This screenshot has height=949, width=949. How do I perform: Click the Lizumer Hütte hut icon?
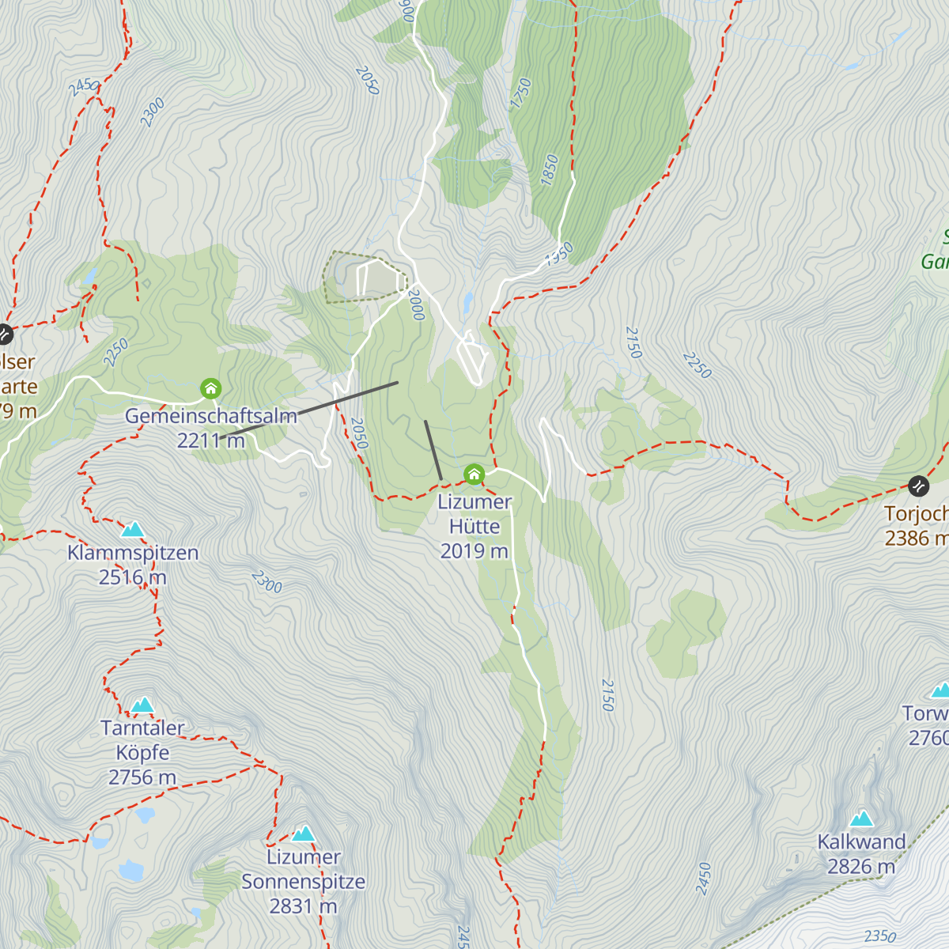[x=474, y=475]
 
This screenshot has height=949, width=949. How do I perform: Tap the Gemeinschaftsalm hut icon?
[x=210, y=388]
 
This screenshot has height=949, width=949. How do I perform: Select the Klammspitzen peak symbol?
[x=133, y=529]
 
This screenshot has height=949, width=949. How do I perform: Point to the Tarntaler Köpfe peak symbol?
[x=142, y=705]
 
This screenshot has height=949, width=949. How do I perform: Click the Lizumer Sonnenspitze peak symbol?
[x=304, y=834]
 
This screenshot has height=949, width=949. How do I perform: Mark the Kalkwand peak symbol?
[x=861, y=819]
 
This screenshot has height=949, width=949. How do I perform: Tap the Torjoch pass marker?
[x=918, y=485]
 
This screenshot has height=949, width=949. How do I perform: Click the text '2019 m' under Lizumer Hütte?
[x=474, y=551]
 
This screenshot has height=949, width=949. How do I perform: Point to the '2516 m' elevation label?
[x=133, y=577]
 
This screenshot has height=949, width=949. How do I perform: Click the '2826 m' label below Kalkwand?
[x=861, y=867]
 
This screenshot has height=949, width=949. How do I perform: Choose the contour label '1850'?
[x=550, y=170]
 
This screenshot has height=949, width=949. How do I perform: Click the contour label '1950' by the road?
[x=558, y=254]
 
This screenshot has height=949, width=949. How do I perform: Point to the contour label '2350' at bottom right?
[x=879, y=936]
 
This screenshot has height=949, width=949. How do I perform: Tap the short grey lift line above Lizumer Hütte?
[x=433, y=449]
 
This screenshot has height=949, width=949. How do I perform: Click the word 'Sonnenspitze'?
[x=304, y=882]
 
